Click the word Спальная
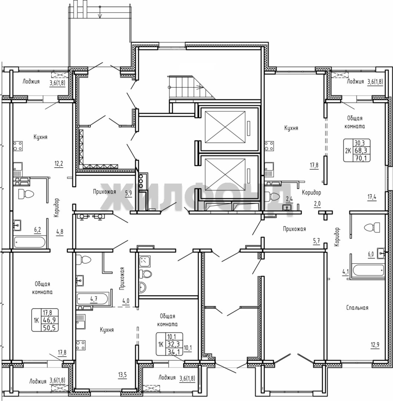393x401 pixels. (x=357, y=308)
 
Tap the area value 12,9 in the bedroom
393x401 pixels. (x=375, y=345)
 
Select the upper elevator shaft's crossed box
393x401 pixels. (x=225, y=127)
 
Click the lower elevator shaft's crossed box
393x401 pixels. (x=225, y=175)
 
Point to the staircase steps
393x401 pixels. (x=191, y=87)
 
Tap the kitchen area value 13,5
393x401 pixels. (x=122, y=375)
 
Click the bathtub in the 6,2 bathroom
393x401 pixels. (x=30, y=242)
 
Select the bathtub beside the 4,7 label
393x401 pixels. (x=92, y=299)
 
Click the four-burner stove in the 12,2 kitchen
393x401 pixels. (x=18, y=146)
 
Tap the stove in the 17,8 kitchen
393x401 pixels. (x=269, y=146)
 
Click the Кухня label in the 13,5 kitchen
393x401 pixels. (x=107, y=330)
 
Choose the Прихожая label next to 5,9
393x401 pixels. (x=104, y=192)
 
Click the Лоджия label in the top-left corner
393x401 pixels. (x=31, y=82)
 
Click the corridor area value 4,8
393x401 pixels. (x=60, y=232)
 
